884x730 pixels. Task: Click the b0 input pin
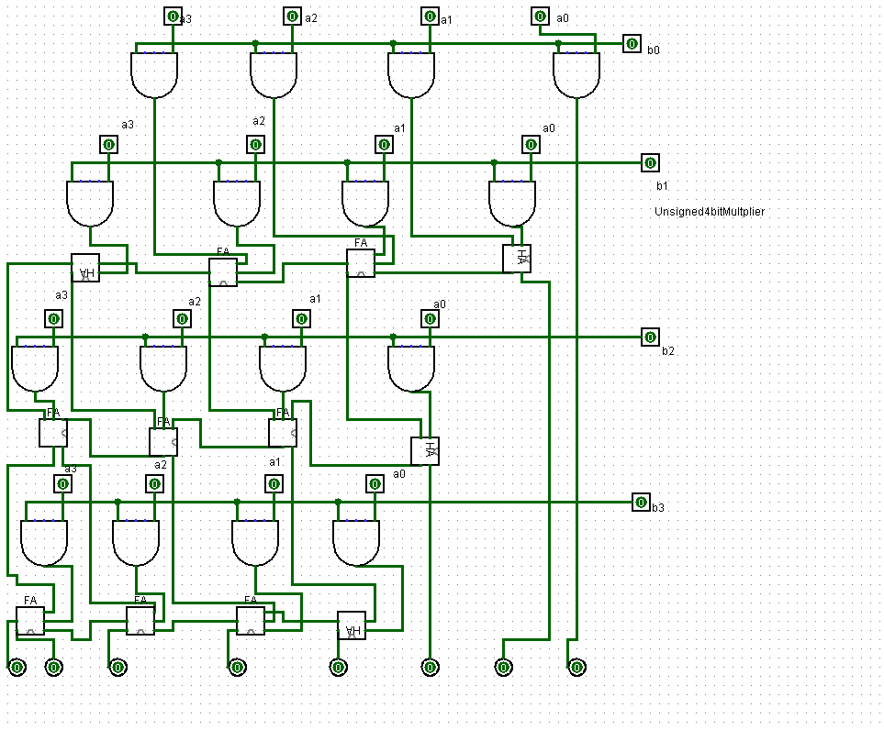(632, 43)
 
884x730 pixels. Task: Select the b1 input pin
(650, 163)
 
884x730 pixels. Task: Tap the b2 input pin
(650, 337)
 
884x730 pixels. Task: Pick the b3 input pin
(641, 502)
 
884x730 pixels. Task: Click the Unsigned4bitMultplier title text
(709, 212)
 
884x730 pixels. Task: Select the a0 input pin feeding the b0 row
(540, 17)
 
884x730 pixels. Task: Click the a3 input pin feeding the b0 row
(173, 17)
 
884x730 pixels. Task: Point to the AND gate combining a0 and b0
(576, 74)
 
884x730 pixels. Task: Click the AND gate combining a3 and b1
(90, 203)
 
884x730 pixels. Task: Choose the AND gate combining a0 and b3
(356, 542)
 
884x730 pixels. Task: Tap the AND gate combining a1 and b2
(283, 368)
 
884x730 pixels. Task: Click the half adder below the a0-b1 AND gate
(517, 259)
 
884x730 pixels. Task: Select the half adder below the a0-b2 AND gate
(425, 451)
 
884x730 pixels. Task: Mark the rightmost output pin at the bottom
(576, 668)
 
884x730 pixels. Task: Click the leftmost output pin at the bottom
(17, 668)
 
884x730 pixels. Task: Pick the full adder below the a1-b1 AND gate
(361, 263)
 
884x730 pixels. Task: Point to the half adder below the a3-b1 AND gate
(85, 268)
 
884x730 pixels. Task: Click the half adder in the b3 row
(352, 625)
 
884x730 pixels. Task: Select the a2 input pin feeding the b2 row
(182, 319)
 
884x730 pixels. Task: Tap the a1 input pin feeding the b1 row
(384, 145)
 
